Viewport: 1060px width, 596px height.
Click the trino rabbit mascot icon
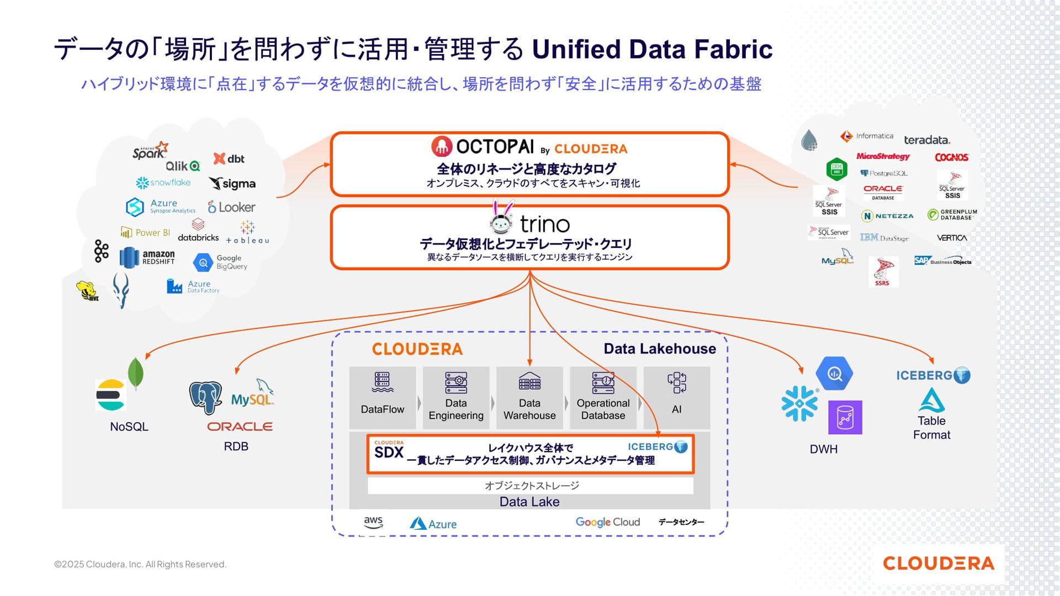[x=501, y=217]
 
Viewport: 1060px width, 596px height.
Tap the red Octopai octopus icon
[x=442, y=146]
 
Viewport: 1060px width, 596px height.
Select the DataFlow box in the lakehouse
[x=382, y=397]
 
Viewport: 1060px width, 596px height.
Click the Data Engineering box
[x=456, y=397]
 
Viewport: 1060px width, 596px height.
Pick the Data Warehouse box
[x=529, y=397]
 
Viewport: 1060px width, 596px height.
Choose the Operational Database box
[x=603, y=397]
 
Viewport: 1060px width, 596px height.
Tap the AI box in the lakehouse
[x=676, y=397]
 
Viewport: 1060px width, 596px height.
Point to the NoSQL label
[x=129, y=427]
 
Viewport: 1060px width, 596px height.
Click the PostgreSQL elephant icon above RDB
[x=205, y=397]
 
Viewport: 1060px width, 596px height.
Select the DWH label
[x=824, y=449]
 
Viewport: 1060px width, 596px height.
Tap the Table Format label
[x=932, y=428]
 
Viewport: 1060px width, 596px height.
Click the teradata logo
[x=927, y=140]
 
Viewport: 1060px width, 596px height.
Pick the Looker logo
[x=231, y=207]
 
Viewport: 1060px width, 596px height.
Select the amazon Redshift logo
[x=147, y=257]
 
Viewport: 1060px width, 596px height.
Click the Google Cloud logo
[x=607, y=522]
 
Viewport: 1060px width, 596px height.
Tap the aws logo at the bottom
[x=373, y=522]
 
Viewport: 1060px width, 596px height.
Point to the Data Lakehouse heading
[x=660, y=349]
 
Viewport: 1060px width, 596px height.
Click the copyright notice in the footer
[x=140, y=564]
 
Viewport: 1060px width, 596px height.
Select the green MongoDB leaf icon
[x=135, y=374]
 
